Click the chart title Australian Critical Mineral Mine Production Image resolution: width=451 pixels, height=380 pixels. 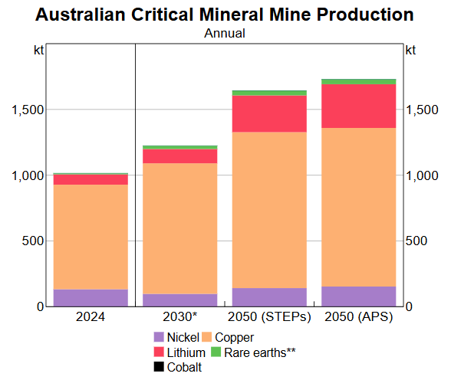click(225, 15)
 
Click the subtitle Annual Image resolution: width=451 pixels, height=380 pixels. click(225, 33)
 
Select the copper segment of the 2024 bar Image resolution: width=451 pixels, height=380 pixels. click(91, 237)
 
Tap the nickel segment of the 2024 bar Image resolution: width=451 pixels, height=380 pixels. click(91, 298)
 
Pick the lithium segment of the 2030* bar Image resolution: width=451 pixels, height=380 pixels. click(180, 156)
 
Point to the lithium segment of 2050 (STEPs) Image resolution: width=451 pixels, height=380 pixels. click(269, 114)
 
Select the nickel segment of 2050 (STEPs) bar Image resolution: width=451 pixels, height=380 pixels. click(269, 297)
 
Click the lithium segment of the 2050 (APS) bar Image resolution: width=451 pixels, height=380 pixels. click(359, 106)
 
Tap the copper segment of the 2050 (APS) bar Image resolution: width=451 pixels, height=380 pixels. click(359, 207)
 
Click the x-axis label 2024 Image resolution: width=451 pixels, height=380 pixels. click(91, 317)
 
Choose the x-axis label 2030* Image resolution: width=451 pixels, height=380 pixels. click(180, 317)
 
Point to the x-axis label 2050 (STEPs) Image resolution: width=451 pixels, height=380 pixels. click(269, 317)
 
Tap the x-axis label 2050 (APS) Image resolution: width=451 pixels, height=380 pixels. click(359, 317)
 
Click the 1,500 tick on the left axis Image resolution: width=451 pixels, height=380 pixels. click(27, 110)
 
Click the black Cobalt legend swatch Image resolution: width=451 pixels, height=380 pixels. click(159, 368)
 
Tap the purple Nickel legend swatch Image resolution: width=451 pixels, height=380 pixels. click(159, 337)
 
